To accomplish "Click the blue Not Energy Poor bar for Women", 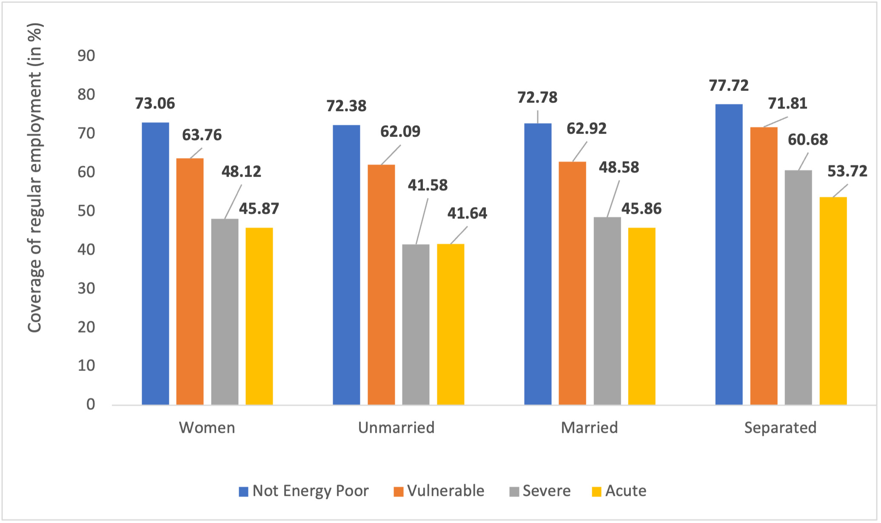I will [x=155, y=264].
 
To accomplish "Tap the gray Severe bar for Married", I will [x=607, y=311].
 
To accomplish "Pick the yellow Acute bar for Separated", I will [x=833, y=301].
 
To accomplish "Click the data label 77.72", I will [x=729, y=86].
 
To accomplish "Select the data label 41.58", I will [x=428, y=185].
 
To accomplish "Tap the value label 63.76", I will [x=202, y=135].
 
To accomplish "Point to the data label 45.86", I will [x=642, y=209].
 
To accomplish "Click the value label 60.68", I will [x=807, y=140].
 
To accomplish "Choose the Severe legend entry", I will [x=540, y=491].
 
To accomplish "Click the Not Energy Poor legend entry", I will [x=304, y=491].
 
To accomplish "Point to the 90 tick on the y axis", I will [x=86, y=56].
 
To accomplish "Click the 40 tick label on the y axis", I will [x=86, y=250].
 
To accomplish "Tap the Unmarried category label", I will [x=396, y=428].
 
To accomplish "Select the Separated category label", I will [x=780, y=428].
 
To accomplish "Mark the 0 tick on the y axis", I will [x=91, y=404].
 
